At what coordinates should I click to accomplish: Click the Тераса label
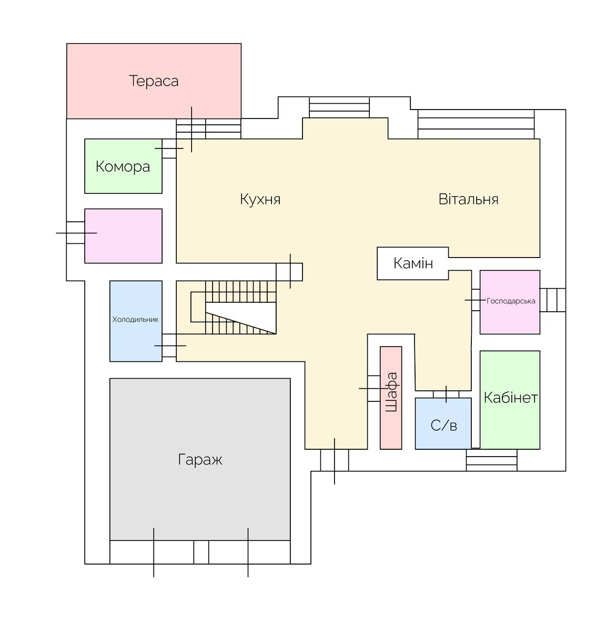click(154, 81)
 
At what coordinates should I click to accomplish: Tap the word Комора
click(123, 166)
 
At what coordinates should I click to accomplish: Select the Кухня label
click(260, 199)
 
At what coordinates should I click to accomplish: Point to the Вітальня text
click(468, 199)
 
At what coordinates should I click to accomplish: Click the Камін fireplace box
click(412, 263)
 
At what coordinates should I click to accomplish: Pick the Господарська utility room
click(510, 302)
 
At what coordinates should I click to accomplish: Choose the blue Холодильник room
click(136, 321)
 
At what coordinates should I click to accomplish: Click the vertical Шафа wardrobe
click(391, 398)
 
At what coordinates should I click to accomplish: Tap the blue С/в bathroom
click(443, 423)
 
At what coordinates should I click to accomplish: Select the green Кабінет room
click(510, 400)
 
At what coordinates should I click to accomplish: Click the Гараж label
click(200, 460)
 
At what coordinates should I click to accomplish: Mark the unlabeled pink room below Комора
click(123, 236)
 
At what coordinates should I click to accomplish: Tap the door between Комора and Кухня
click(169, 149)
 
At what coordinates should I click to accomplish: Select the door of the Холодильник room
click(169, 345)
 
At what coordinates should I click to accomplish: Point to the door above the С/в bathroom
click(446, 394)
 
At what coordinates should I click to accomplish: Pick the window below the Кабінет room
click(491, 460)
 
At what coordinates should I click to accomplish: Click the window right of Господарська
click(553, 300)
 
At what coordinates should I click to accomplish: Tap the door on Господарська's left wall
click(476, 300)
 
